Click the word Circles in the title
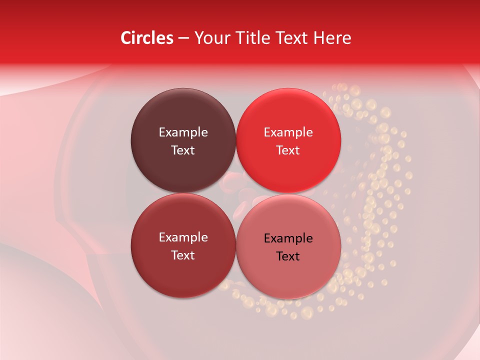pyautogui.click(x=146, y=38)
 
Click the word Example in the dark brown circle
pyautogui.click(x=183, y=132)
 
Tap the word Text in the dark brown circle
pyautogui.click(x=183, y=150)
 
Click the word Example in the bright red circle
pyautogui.click(x=288, y=132)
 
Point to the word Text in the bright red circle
pyautogui.click(x=288, y=150)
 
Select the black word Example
pyautogui.click(x=288, y=238)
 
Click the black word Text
pyautogui.click(x=288, y=256)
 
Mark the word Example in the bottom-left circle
pyautogui.click(x=183, y=237)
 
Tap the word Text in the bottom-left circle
pyautogui.click(x=183, y=255)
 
